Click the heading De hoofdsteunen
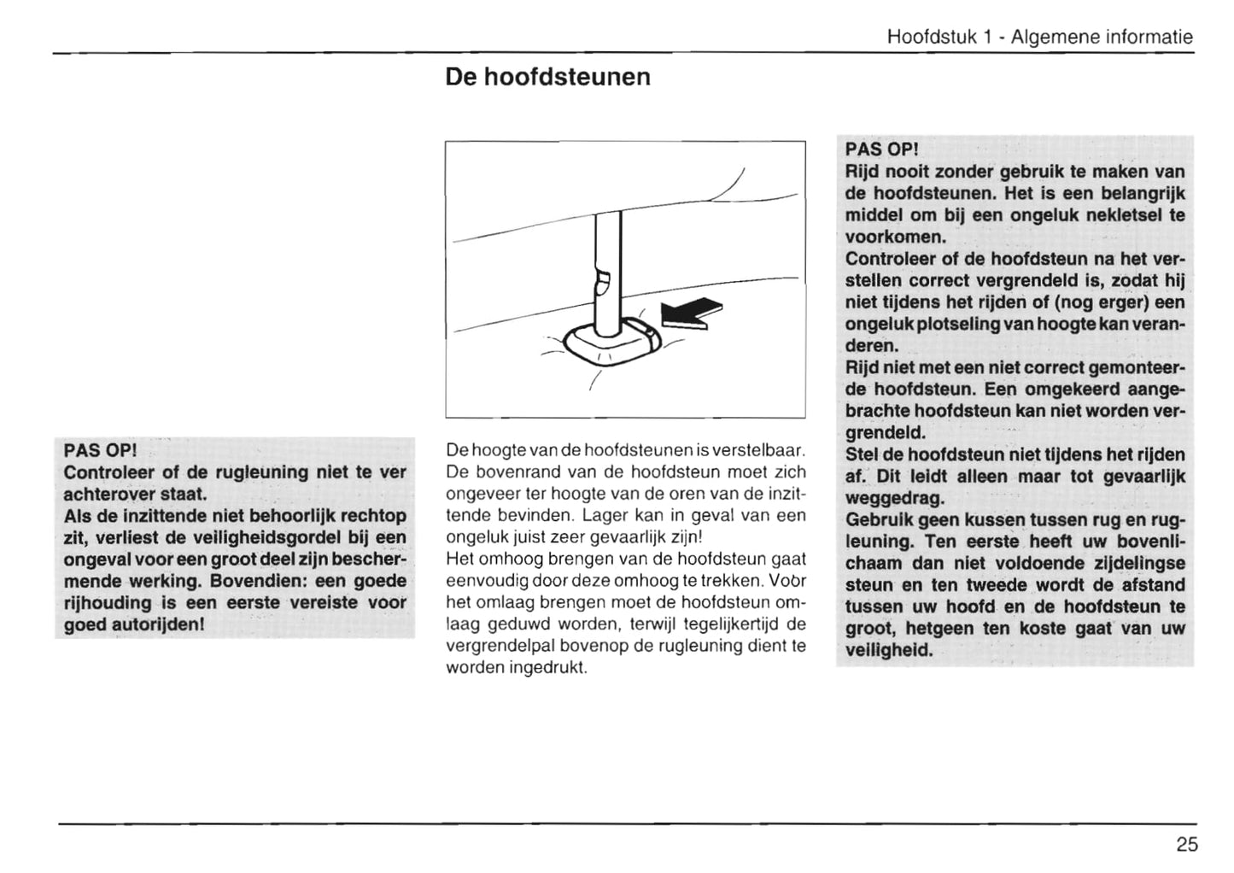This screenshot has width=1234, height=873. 547,77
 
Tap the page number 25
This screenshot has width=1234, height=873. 1186,845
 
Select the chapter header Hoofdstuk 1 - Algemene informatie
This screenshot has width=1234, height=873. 1039,37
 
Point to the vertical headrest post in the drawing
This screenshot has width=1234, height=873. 607,273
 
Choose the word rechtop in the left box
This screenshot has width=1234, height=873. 373,515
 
